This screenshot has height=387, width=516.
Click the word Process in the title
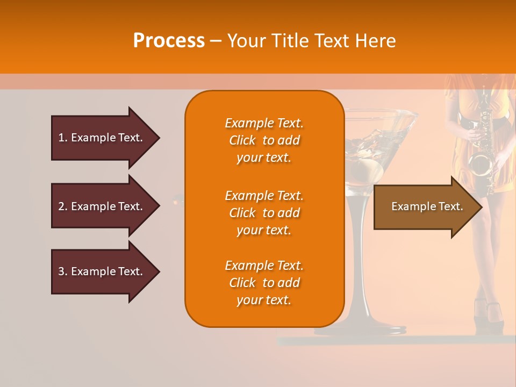coord(169,41)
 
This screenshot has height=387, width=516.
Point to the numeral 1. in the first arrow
coord(63,138)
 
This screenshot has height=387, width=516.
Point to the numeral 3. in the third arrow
coord(63,271)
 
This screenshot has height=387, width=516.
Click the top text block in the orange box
coord(264,140)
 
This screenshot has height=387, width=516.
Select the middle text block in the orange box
coord(264,213)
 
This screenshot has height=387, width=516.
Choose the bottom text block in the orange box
coord(264,283)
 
